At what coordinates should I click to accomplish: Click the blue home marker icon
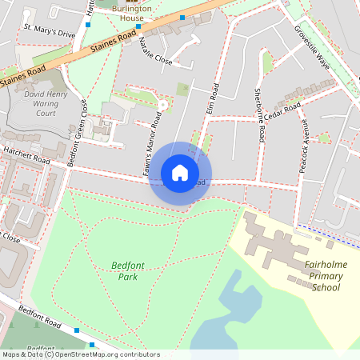tap(180, 172)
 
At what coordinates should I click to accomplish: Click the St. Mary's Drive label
tap(48, 31)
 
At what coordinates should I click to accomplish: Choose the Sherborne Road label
tap(258, 115)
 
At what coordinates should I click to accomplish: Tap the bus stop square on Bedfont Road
tap(77, 330)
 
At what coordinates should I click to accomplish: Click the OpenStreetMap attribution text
tap(80, 354)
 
